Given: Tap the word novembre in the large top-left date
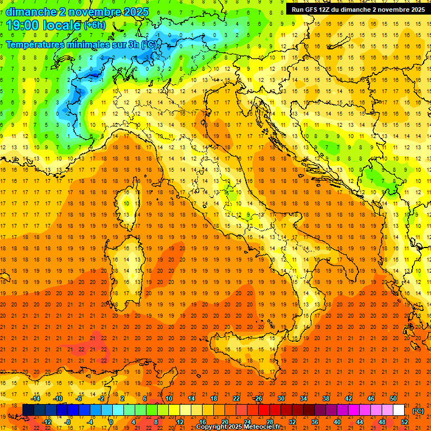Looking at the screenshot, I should click(99, 12).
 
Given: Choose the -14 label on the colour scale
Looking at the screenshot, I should click(35, 398).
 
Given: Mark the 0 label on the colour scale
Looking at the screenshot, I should click(111, 421).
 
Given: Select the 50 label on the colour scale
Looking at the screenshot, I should click(393, 398).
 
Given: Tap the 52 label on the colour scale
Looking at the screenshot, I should click(405, 421).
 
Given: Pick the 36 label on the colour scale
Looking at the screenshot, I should click(315, 421).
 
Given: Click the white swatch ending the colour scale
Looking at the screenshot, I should click(399, 410).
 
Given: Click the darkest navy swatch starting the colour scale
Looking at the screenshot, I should click(28, 410).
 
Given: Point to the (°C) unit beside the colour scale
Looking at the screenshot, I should click(418, 411).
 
